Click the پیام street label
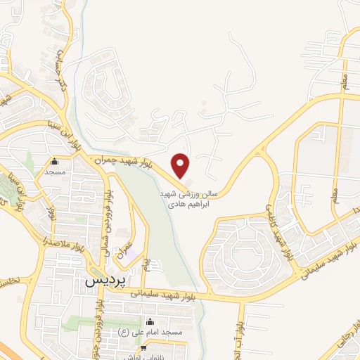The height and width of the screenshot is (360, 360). coord(146,265)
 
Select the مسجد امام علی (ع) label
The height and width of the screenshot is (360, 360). coord(158,332)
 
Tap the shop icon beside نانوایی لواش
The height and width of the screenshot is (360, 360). coord(143,347)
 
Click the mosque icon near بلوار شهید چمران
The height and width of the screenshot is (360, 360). coord(55,160)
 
